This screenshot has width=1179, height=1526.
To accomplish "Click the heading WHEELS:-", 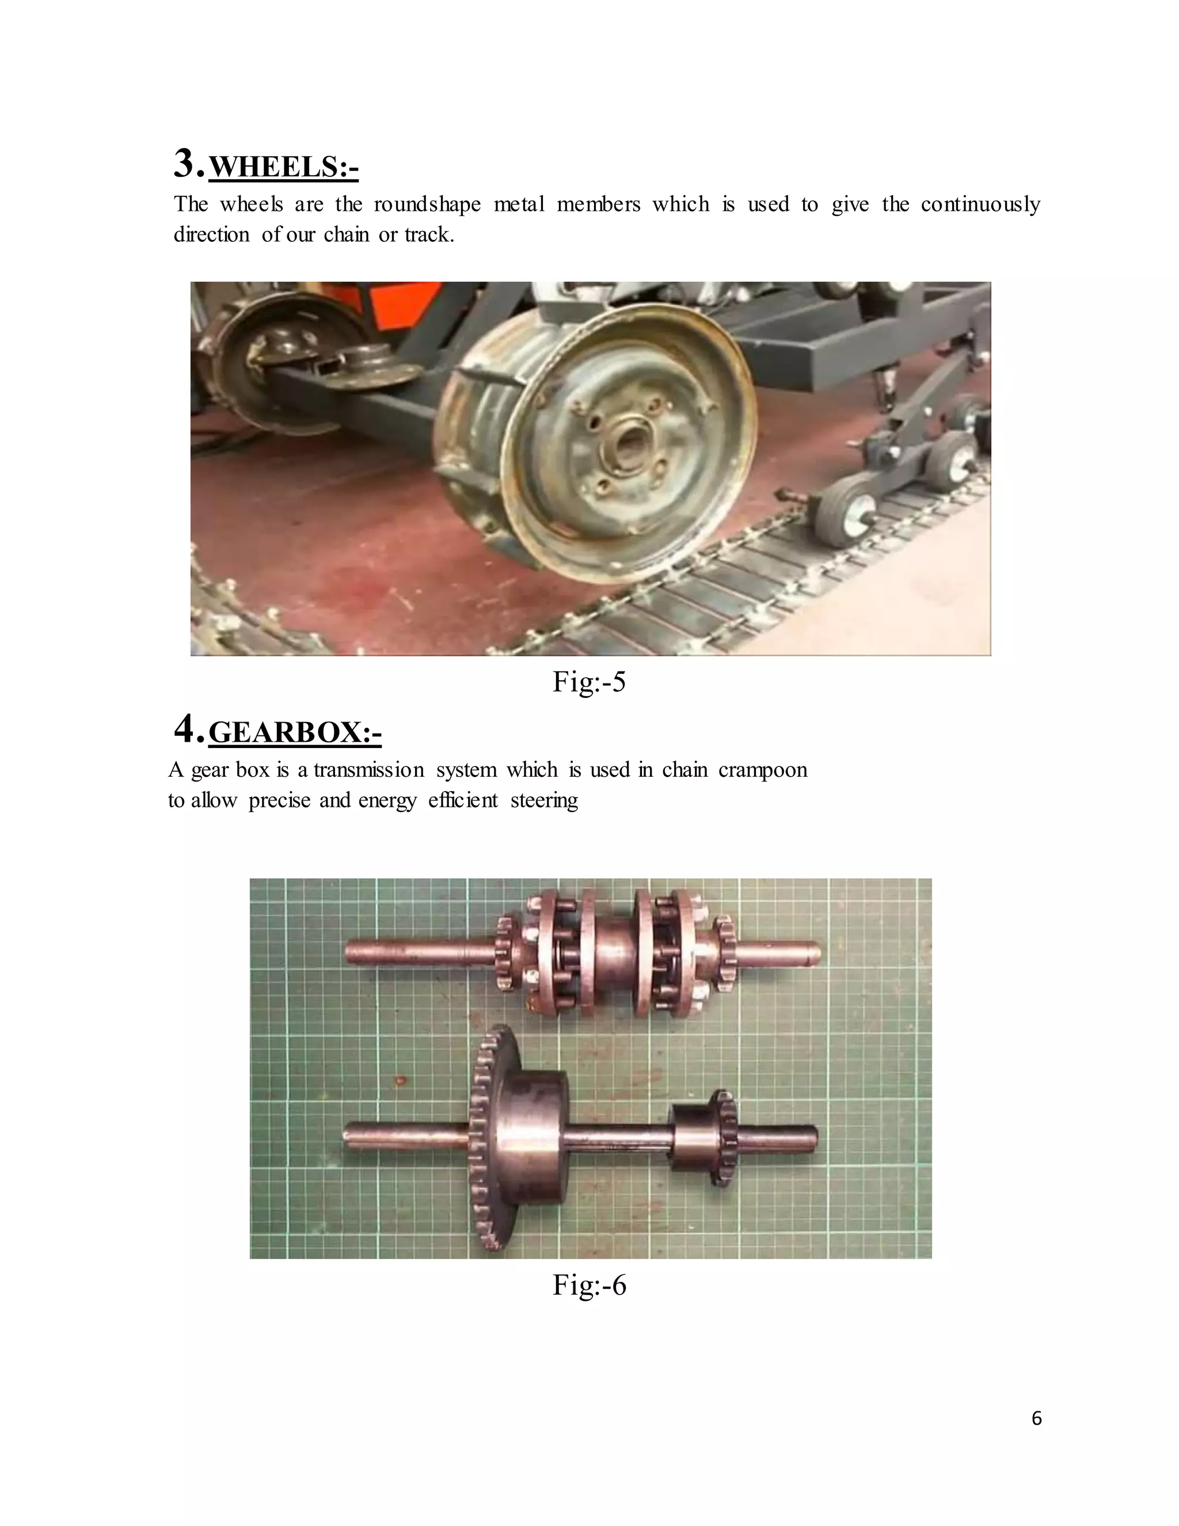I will [284, 167].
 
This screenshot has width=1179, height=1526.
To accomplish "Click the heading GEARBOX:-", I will [295, 732].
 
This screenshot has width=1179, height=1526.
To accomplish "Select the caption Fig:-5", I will [589, 681].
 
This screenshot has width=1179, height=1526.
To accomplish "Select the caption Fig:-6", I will [589, 1284].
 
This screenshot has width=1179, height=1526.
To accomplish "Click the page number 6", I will [1036, 1418].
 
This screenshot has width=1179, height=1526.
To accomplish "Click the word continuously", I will [980, 205].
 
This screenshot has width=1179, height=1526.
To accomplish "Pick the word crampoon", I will [763, 770].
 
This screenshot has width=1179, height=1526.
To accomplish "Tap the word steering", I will [544, 800].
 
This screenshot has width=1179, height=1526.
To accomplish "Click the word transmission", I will [368, 770].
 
